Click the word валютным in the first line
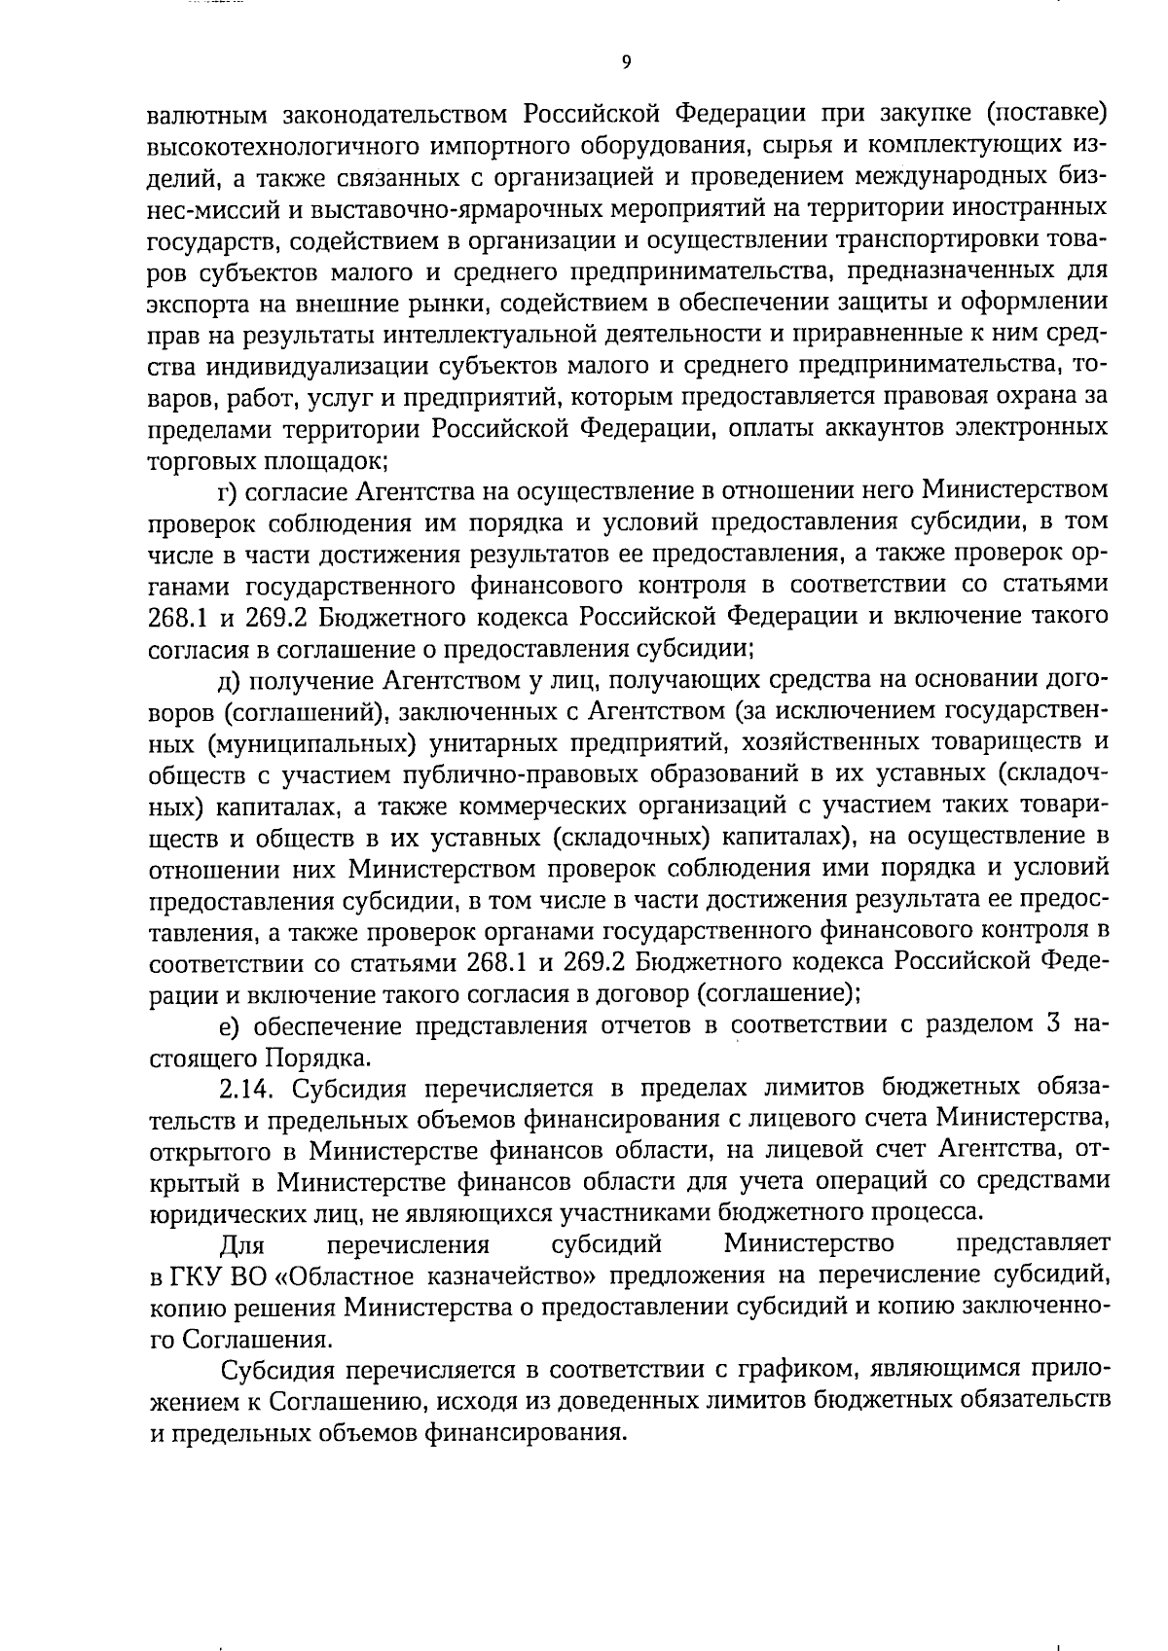pyautogui.click(x=206, y=115)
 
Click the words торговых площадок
pyautogui.click(x=269, y=459)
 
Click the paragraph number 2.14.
pyautogui.click(x=249, y=1088)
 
